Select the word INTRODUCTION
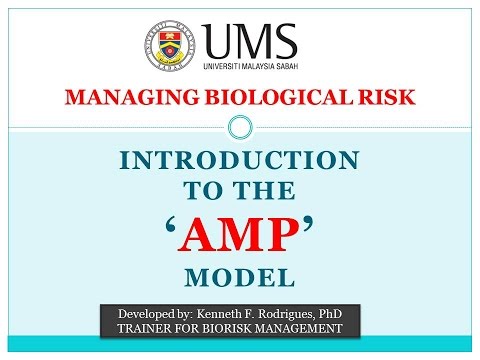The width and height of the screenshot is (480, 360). click(x=239, y=161)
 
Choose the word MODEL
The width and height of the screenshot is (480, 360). click(x=239, y=273)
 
